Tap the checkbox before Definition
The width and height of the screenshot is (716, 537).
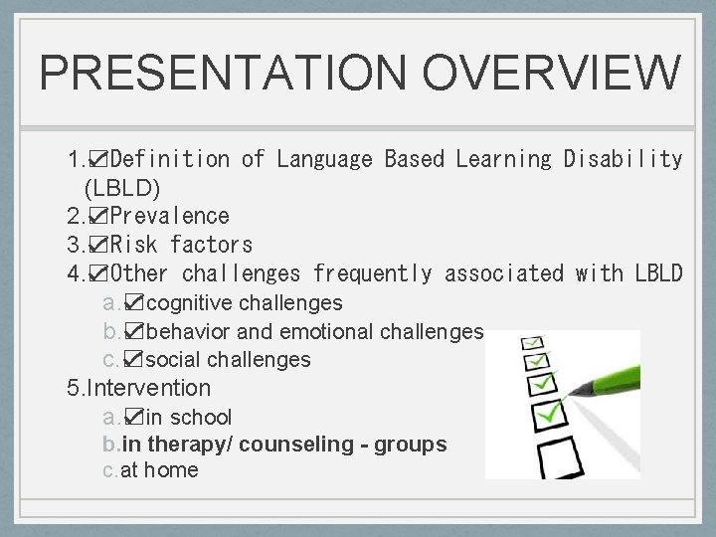98,159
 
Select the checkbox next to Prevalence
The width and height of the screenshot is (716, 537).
98,216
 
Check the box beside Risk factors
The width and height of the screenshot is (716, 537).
98,244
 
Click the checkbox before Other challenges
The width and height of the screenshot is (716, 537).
98,272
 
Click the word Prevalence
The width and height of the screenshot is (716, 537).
169,216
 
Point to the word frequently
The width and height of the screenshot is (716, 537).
373,272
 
